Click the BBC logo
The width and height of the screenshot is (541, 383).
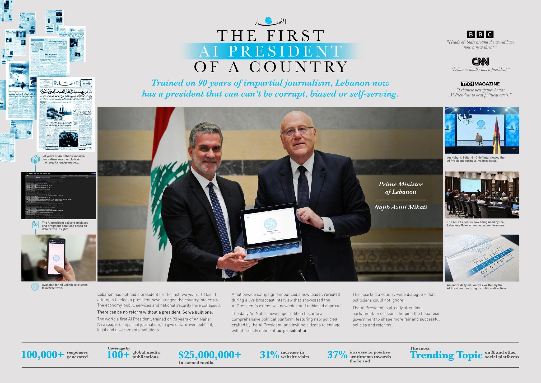[x=480, y=34]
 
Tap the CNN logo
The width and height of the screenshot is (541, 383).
[x=480, y=62]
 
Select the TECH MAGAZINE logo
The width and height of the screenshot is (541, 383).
[x=480, y=84]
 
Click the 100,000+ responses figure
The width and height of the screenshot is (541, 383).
[x=43, y=355]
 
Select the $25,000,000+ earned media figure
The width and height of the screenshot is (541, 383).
[x=209, y=355]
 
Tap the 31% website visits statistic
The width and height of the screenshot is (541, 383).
[x=269, y=355]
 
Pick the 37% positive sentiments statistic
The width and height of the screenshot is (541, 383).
[x=337, y=355]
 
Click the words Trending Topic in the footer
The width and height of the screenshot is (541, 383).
[x=446, y=355]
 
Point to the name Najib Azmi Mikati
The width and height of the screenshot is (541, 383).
[x=400, y=207]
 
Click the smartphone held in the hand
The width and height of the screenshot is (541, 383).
[x=56, y=257]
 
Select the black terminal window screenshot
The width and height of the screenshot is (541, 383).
[x=59, y=196]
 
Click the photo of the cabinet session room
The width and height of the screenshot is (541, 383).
[x=482, y=195]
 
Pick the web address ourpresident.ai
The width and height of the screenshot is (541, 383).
[x=291, y=330]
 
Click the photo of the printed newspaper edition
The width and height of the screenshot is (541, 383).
[x=482, y=258]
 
